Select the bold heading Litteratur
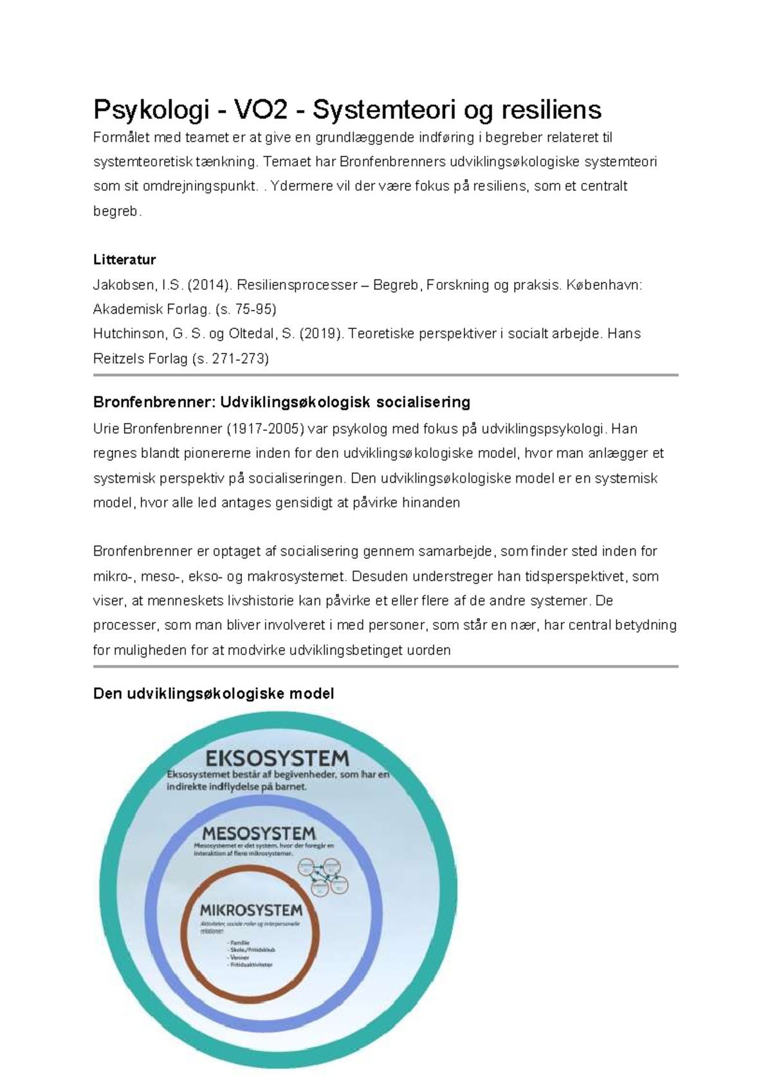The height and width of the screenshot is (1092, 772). (x=124, y=259)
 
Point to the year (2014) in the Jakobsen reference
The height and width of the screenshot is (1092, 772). (x=210, y=285)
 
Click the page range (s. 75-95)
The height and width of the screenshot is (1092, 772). (x=247, y=309)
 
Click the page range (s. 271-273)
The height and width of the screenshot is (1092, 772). (x=230, y=359)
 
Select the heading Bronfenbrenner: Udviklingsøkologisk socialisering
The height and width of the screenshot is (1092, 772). (x=281, y=402)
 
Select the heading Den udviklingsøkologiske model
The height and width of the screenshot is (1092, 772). (x=214, y=693)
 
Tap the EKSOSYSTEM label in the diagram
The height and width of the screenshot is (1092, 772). (x=277, y=758)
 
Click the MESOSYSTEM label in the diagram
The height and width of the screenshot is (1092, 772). (x=259, y=833)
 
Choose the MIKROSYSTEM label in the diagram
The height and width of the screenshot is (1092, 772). (x=251, y=910)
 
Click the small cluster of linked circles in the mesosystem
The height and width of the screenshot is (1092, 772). (x=323, y=876)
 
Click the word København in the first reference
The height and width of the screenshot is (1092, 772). (x=603, y=285)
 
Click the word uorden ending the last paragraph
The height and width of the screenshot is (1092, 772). (x=428, y=650)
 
